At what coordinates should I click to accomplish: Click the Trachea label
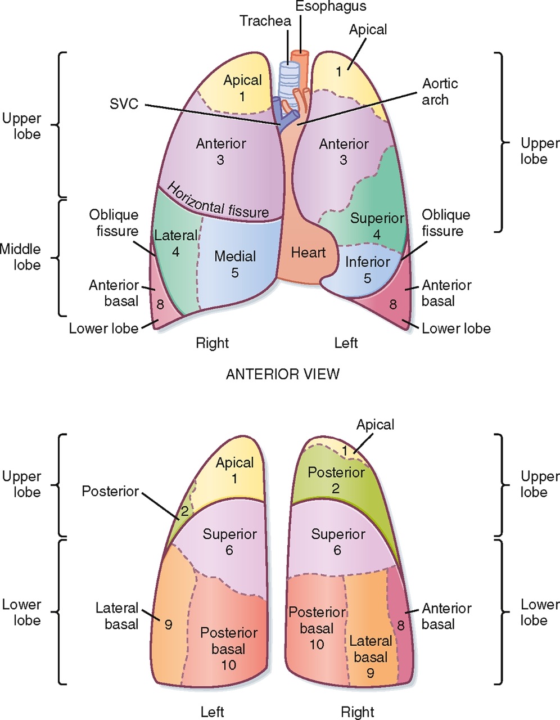coord(265,21)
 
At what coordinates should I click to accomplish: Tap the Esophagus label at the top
coord(332,7)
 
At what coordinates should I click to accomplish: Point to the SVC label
coord(124,105)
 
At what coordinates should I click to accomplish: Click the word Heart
coord(308,253)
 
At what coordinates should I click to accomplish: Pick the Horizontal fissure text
coord(218,200)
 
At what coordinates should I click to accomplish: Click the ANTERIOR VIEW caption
coord(282,374)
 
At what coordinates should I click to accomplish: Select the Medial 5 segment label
coord(235,264)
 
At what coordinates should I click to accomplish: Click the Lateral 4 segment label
coord(175,244)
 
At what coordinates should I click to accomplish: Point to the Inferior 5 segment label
coord(368,269)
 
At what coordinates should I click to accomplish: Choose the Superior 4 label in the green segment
coord(377,226)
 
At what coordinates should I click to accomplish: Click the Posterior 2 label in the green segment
coord(336,480)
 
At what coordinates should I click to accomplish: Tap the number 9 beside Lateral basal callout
coord(169,624)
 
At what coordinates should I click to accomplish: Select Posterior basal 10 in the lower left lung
coord(229,649)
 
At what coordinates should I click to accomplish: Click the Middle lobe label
coord(20,257)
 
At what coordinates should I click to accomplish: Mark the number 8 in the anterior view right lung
coord(160,305)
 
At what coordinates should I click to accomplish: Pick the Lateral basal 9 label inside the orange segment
coord(371,656)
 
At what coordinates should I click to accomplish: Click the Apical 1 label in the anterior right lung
coord(242,88)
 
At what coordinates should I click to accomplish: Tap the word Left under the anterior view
coord(346,343)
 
